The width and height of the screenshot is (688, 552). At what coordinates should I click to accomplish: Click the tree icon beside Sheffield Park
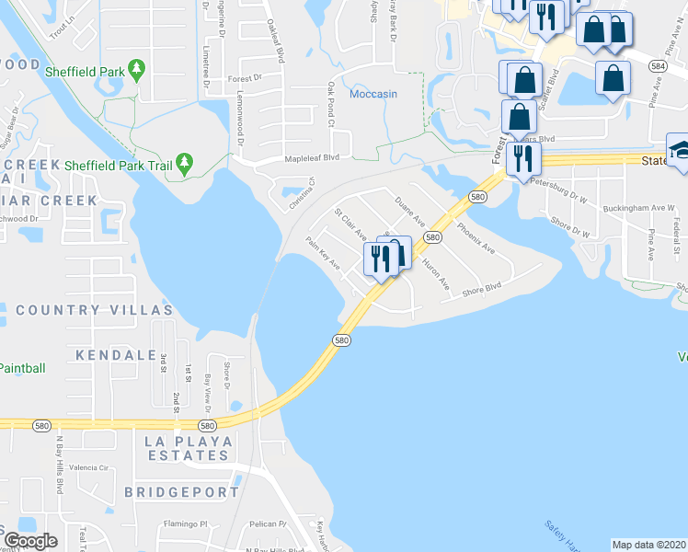[137, 68]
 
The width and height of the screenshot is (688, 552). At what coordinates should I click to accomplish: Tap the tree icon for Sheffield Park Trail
[185, 164]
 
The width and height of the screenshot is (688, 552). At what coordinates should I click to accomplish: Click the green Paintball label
[20, 368]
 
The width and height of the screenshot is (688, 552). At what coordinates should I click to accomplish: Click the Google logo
[30, 541]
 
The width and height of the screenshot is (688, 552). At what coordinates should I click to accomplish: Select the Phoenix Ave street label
[476, 237]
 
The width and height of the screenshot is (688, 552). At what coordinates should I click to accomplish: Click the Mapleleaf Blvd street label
[311, 158]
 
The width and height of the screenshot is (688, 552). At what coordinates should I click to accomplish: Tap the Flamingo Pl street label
[189, 524]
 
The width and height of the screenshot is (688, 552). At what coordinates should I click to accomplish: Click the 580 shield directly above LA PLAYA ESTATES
[207, 425]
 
